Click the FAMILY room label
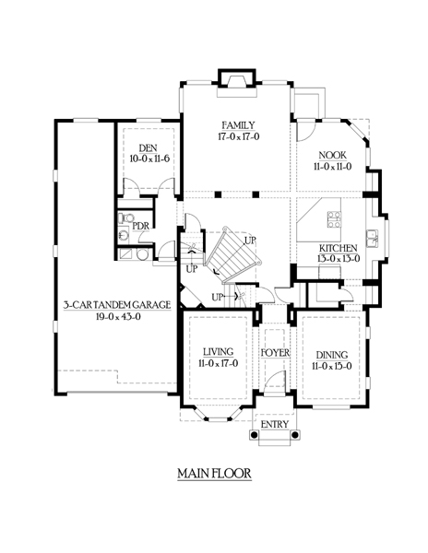coord(238,125)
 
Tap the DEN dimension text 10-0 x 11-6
coord(149,159)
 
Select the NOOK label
coord(332,155)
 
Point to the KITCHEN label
coord(338,248)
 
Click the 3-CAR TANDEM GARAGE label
coord(117,305)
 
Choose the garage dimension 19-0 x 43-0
coord(118,317)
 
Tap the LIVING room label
coord(218,352)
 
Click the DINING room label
coord(332,355)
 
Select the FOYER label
coord(275,353)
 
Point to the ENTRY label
coord(275,424)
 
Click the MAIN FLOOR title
coord(214,474)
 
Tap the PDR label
coord(141,226)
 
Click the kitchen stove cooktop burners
coord(334,219)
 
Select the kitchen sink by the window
coord(372,239)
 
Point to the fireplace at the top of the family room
coord(236,83)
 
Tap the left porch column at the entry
coord(254,435)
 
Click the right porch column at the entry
coord(296,435)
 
